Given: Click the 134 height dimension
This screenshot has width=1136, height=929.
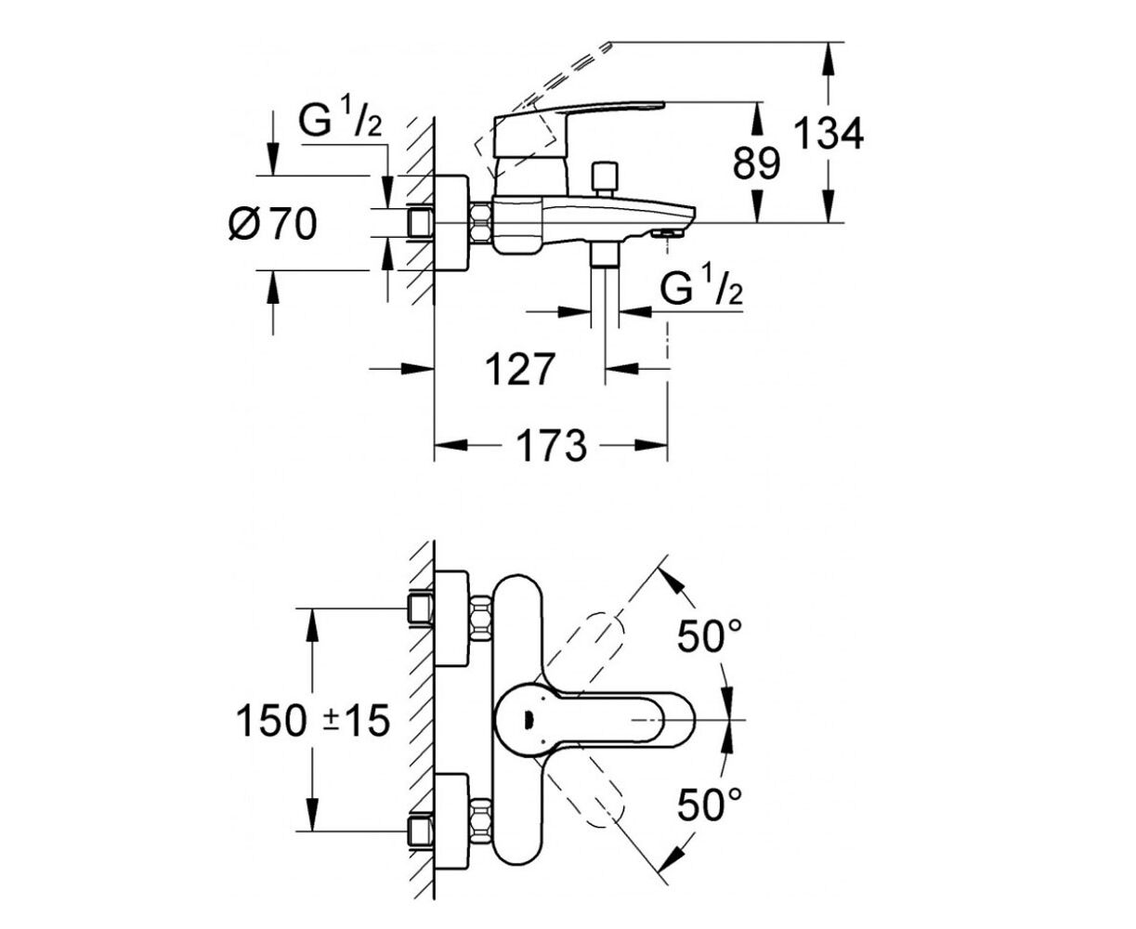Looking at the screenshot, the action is click(829, 134).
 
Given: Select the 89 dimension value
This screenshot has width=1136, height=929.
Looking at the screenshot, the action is click(756, 164).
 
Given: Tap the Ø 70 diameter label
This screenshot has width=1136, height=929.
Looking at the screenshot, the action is click(272, 224).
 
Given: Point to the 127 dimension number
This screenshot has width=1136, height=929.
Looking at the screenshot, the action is click(520, 370).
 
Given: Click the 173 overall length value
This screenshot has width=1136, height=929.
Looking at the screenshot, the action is click(551, 446).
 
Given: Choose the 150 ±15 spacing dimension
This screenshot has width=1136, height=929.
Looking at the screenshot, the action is click(313, 721).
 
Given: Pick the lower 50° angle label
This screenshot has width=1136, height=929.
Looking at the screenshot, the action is click(710, 804).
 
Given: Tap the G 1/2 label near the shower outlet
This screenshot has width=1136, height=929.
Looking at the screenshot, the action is click(701, 290).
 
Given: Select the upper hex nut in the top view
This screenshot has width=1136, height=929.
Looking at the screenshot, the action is click(480, 619).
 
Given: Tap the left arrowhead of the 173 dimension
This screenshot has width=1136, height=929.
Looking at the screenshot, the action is click(450, 446).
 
